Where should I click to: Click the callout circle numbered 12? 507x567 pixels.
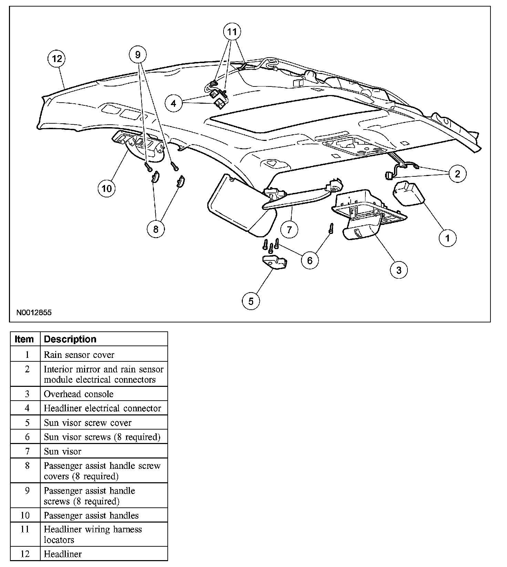tap(57, 59)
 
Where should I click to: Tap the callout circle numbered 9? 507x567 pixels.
tap(138, 54)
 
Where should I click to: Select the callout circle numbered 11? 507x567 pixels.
tap(232, 32)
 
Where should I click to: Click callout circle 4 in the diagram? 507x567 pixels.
tap(174, 103)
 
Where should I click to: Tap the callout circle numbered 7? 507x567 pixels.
tap(289, 229)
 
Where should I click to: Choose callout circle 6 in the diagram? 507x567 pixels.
tap(310, 260)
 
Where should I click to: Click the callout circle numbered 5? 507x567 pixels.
tap(251, 301)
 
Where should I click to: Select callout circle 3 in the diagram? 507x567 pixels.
tap(399, 270)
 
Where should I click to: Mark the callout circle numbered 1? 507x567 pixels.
tap(448, 238)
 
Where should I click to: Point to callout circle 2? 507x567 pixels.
tap(457, 174)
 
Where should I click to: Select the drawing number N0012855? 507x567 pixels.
tap(34, 313)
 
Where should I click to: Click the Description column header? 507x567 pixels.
tap(70, 339)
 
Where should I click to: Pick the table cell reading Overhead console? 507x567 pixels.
tap(79, 394)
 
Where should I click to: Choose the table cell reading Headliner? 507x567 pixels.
tap(63, 554)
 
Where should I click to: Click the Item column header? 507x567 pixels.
tap(24, 339)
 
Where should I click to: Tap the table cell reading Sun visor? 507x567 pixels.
tap(62, 451)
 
